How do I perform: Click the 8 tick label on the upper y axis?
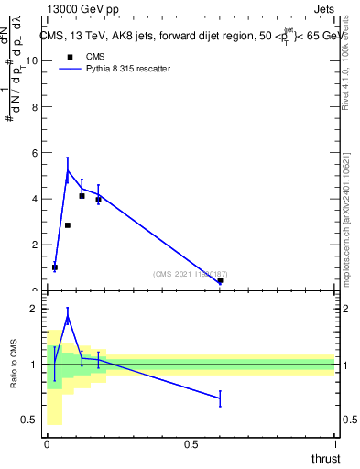[x=36, y=106]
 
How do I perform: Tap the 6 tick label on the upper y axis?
[x=36, y=152]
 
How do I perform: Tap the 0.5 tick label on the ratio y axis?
[x=32, y=420]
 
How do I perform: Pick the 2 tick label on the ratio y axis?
[x=36, y=309]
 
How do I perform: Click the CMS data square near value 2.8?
[x=68, y=225]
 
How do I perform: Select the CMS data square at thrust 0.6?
[x=220, y=280]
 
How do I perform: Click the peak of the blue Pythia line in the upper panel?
[x=68, y=170]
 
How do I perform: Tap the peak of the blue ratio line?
[x=68, y=318]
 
